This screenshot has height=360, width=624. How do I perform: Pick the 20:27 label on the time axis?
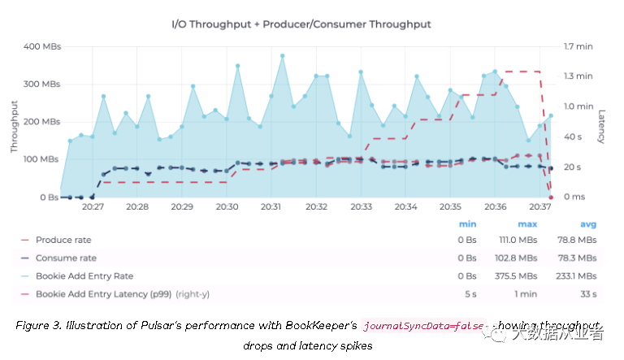93,208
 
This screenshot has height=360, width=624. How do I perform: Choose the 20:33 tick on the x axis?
361,208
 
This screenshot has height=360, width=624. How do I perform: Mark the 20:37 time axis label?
539,208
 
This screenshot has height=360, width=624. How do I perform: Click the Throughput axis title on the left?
15,126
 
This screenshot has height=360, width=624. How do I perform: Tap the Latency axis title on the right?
602,126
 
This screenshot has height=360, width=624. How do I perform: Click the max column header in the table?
527,223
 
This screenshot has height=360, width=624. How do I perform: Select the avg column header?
587,223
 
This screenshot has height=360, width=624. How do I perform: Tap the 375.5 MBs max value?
518,275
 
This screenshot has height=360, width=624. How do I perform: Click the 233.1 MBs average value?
578,275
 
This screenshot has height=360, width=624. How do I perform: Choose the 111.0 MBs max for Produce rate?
518,240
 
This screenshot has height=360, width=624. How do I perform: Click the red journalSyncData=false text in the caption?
422,326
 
